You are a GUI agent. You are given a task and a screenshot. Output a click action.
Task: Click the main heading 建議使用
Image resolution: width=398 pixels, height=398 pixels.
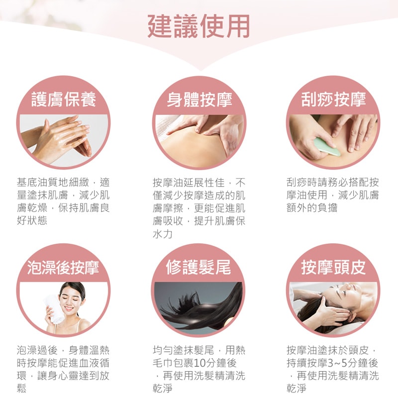click(x=199, y=26)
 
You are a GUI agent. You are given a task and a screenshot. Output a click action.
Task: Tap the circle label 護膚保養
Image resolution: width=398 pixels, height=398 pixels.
click(x=64, y=99)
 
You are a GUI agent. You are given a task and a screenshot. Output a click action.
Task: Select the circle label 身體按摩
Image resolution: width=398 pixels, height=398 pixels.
click(x=199, y=99)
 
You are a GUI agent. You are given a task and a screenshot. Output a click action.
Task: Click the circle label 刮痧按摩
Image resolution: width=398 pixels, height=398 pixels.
click(x=333, y=99)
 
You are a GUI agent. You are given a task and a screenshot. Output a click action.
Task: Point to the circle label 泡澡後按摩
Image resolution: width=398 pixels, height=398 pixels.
click(x=63, y=267)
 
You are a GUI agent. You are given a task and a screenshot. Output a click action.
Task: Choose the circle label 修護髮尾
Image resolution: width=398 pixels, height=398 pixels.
click(x=199, y=267)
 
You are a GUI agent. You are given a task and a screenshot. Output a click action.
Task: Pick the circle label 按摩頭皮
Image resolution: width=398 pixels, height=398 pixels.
click(x=333, y=267)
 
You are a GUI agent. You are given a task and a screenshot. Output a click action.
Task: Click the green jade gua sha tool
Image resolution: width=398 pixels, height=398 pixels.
click(x=327, y=147)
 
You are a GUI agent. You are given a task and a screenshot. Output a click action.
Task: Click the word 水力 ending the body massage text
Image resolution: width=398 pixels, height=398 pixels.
click(x=163, y=234)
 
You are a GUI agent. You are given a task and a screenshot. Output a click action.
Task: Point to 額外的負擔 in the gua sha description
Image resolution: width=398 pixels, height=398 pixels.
click(x=312, y=207)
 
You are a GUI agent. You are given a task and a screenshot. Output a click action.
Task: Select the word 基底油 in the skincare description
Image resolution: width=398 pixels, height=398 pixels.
click(x=32, y=182)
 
